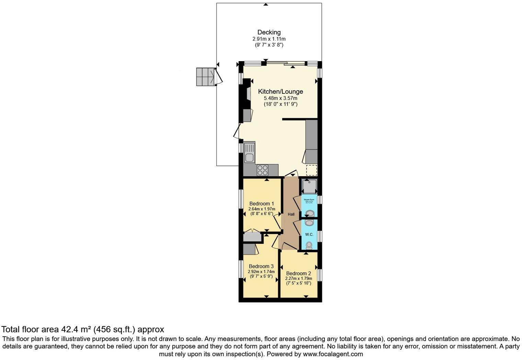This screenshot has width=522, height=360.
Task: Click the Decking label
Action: pyautogui.click(x=269, y=32)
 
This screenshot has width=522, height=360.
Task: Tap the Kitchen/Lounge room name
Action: pyautogui.click(x=280, y=92)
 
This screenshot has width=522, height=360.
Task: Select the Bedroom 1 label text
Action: pyautogui.click(x=261, y=203)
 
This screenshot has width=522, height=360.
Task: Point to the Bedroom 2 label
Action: pyautogui.click(x=298, y=273)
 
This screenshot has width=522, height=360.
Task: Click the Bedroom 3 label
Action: pyautogui.click(x=261, y=266)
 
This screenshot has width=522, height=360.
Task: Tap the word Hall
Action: pyautogui.click(x=291, y=214)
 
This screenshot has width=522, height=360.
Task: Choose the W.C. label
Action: pyautogui.click(x=309, y=234)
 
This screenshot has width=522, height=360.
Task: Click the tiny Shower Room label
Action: pyautogui.click(x=309, y=200)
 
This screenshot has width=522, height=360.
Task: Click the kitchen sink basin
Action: pyautogui.click(x=249, y=158)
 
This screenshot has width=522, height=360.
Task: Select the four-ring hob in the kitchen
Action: pyautogui.click(x=262, y=170)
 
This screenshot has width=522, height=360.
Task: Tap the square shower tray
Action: pyautogui.click(x=309, y=186)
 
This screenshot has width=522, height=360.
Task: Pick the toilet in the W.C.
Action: pyautogui.click(x=309, y=245)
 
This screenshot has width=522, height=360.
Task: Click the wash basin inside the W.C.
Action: pyautogui.click(x=309, y=223)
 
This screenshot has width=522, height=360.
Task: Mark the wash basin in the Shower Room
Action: pyautogui.click(x=309, y=213)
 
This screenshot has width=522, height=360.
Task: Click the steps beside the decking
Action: pyautogui.click(x=205, y=77)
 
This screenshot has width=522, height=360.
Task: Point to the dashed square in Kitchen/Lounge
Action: pyautogui.click(x=311, y=170)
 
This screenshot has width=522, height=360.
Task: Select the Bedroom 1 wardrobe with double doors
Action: pyautogui.click(x=252, y=237)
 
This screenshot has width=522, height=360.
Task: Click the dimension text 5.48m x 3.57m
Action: pyautogui.click(x=280, y=98)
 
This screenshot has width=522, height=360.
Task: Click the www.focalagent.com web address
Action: pyautogui.click(x=333, y=354)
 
